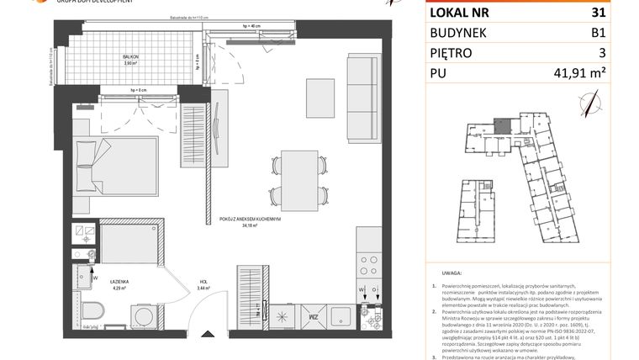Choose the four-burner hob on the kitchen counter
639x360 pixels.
[368, 264]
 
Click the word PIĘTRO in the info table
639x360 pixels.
[451, 52]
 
